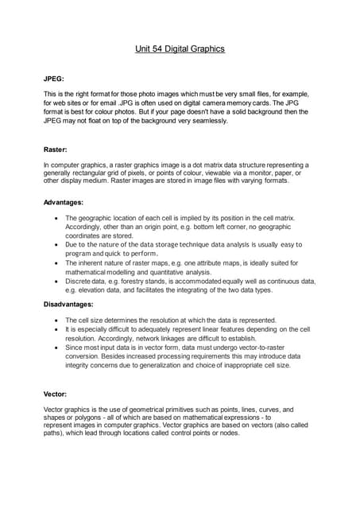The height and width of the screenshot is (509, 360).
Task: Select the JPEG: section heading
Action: click(56, 79)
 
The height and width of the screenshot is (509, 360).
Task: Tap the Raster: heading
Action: click(56, 149)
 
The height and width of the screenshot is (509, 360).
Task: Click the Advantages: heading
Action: click(63, 202)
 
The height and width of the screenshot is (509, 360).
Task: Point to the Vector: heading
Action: click(56, 394)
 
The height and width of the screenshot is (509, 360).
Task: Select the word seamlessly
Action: click(206, 122)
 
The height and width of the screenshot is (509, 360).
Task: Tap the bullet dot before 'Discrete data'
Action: click(54, 282)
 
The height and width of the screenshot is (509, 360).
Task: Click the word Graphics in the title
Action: click(207, 49)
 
